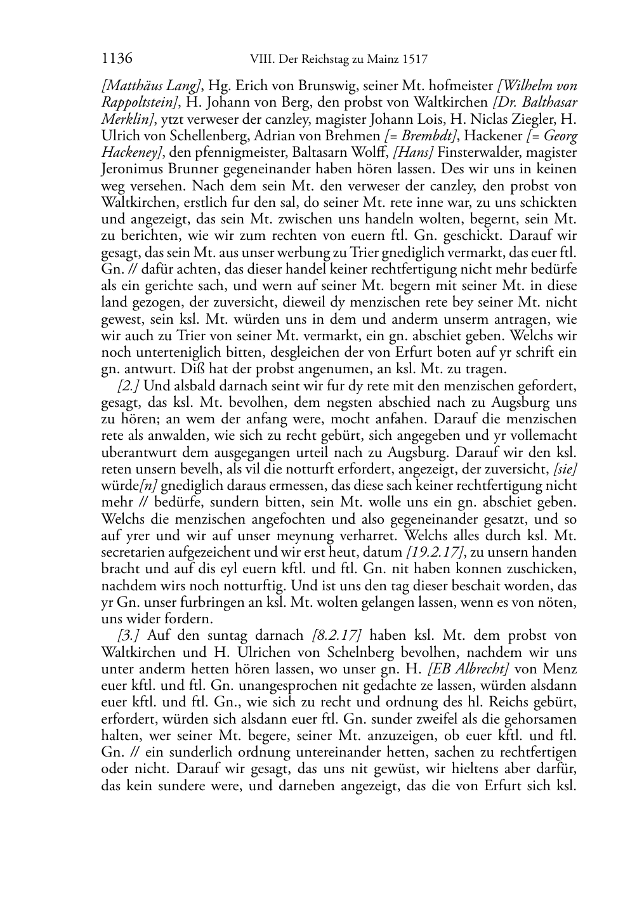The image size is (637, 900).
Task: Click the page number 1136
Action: point(117,59)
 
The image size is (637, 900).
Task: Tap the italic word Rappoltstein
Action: point(140,102)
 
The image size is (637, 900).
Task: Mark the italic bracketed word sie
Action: point(565,469)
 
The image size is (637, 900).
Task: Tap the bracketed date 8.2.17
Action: point(337,635)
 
